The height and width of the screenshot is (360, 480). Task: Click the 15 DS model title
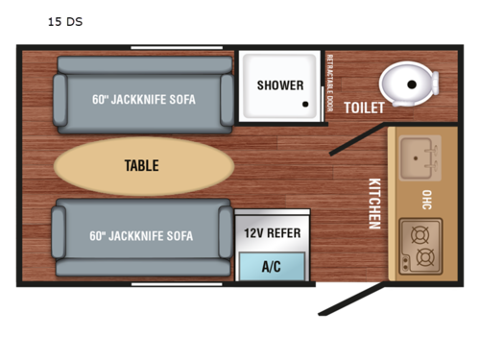point(65,20)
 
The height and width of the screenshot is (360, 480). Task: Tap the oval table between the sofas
point(142,166)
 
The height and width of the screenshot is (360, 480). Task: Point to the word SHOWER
point(279,85)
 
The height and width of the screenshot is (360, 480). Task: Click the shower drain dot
point(307,107)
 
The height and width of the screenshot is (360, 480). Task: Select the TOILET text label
point(365,108)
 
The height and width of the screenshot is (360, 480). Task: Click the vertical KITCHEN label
point(374,203)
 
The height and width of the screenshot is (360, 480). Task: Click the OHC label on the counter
point(426,200)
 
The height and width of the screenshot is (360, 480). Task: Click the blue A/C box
point(272,266)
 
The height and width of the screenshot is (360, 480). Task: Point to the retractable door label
point(329,83)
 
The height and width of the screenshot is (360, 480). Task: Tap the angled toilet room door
point(355,136)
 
